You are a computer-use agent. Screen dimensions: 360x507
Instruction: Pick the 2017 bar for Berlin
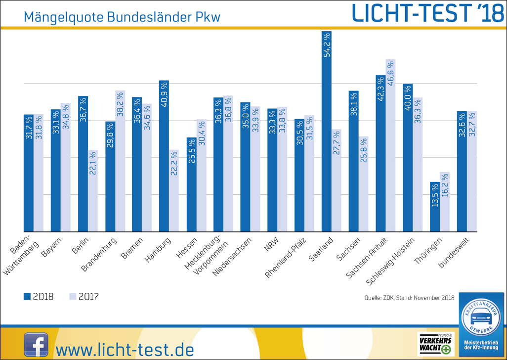(x=92, y=191)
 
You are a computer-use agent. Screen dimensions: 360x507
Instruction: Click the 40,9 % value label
(x=164, y=94)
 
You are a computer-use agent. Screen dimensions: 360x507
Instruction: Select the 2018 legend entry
(x=39, y=297)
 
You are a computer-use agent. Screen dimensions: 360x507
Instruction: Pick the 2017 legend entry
(x=84, y=297)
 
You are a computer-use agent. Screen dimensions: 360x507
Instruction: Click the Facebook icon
(x=36, y=345)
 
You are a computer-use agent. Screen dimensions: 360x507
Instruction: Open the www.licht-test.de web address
(x=125, y=349)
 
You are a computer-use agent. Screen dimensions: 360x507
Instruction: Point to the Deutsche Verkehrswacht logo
(x=435, y=344)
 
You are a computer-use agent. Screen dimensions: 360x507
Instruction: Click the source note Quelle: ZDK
(x=409, y=298)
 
